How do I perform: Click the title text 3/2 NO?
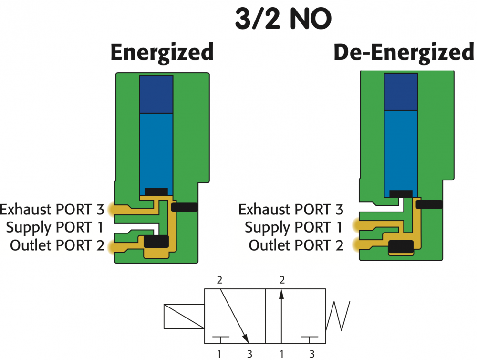coord(283,20)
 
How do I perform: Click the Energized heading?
coord(162,53)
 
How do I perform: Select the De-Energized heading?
coord(404,53)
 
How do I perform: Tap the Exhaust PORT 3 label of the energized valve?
coord(52,210)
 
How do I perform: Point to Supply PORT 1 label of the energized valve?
coord(55,227)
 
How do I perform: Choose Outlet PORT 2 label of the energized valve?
coord(57,245)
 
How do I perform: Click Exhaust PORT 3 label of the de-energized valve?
coord(291,210)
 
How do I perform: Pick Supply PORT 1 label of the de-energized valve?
coord(294,227)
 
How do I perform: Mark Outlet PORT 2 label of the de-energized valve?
coord(296,245)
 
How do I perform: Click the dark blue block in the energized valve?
coord(156,94)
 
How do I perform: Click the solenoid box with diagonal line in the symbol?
coord(184,317)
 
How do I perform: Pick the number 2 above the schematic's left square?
coord(220,280)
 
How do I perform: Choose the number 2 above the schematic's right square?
coord(282,280)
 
